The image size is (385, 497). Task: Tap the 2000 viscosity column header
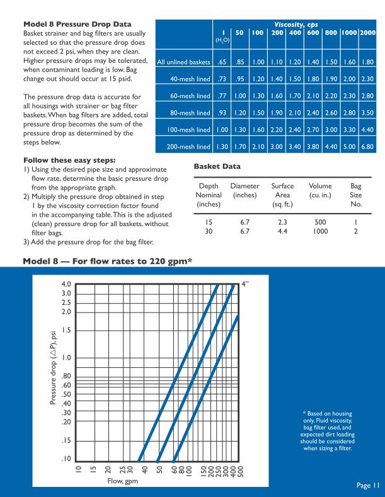pyautogui.click(x=373, y=30)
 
